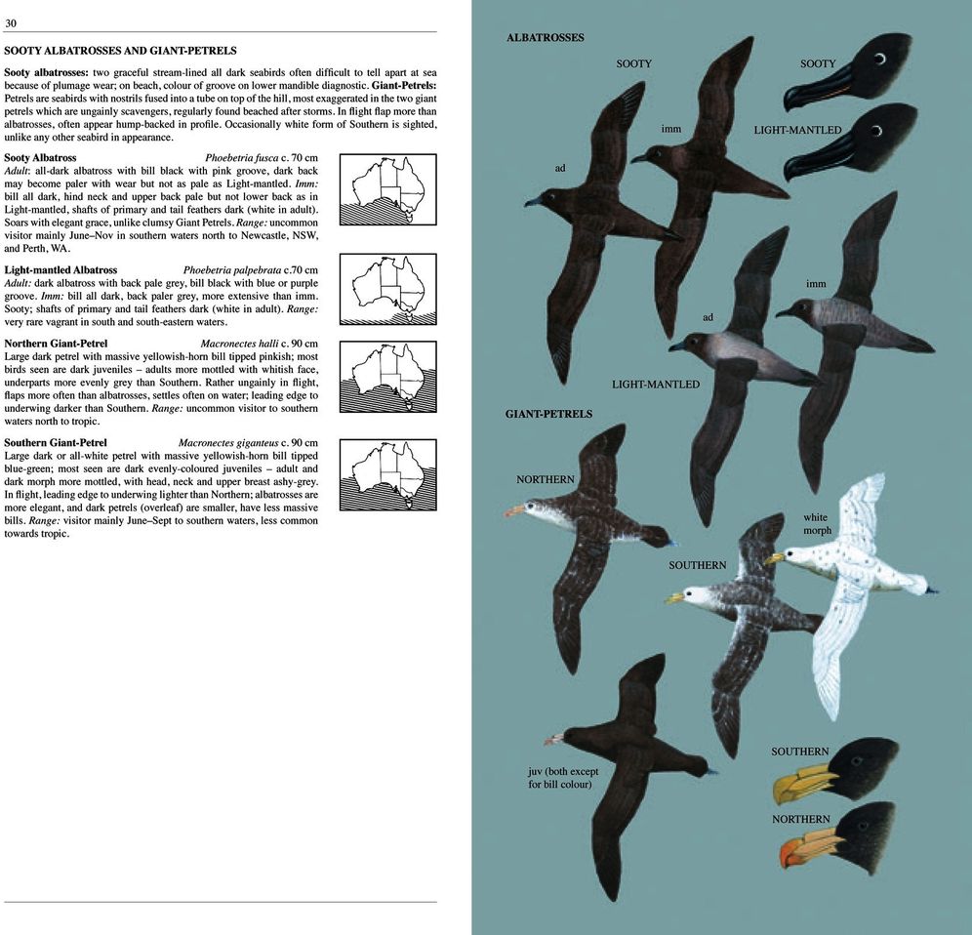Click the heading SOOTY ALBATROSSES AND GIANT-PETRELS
(x=120, y=50)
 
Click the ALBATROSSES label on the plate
(x=545, y=38)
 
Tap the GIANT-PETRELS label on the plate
(x=548, y=414)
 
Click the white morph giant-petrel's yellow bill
(x=775, y=558)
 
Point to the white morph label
(x=817, y=524)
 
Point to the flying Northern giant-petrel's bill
(x=514, y=510)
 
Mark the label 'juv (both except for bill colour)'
(x=563, y=777)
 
